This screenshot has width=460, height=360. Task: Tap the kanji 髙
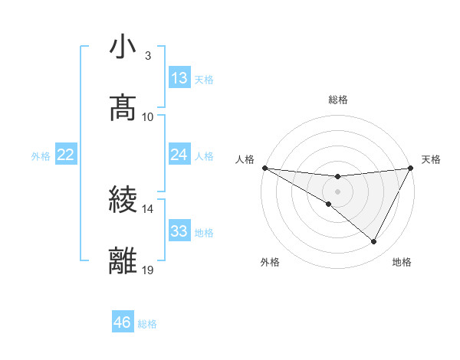[123, 107]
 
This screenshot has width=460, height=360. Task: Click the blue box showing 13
[179, 78]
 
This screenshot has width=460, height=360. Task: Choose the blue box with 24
[179, 155]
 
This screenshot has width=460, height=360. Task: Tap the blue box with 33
[179, 231]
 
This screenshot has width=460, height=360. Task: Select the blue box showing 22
[66, 155]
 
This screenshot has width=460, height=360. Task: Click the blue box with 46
[123, 322]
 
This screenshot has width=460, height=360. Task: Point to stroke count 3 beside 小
[148, 56]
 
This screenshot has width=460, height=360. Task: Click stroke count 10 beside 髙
[148, 116]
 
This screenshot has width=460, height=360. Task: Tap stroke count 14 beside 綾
[148, 208]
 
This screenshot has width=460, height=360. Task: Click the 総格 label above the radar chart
[338, 100]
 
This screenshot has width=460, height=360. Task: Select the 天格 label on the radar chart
[431, 159]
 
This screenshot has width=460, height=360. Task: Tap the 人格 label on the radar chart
[245, 159]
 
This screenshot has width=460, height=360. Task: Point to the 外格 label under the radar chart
[270, 262]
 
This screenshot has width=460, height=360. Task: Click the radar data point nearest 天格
[412, 168]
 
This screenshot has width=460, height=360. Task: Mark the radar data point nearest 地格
[374, 241]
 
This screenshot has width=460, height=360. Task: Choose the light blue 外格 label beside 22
[41, 156]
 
